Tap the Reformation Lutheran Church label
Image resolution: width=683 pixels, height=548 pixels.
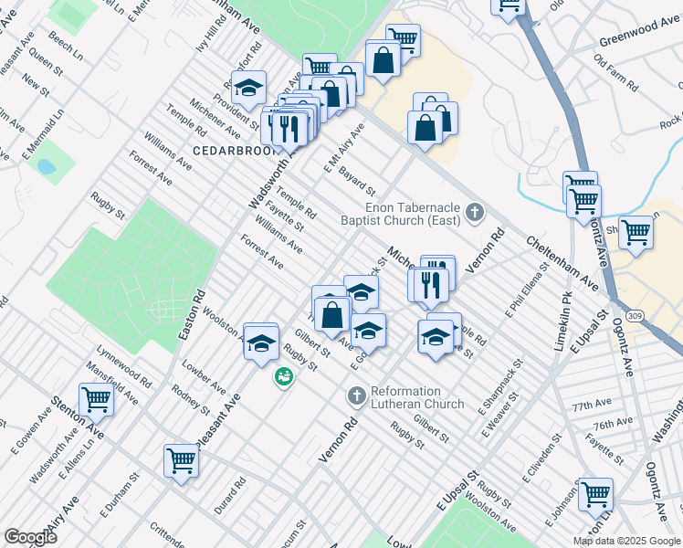(x=417, y=397)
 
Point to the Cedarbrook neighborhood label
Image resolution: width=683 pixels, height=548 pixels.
(x=227, y=149)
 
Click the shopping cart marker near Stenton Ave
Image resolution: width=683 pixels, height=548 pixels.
(x=96, y=399)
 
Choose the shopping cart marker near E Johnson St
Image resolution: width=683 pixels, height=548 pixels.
(x=595, y=494)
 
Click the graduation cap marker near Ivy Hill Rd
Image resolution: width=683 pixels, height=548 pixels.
(x=248, y=89)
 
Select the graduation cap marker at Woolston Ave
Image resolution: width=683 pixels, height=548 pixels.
(x=261, y=341)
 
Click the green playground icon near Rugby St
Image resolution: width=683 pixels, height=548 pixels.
(x=285, y=375)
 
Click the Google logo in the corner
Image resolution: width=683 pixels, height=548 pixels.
(x=31, y=536)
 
